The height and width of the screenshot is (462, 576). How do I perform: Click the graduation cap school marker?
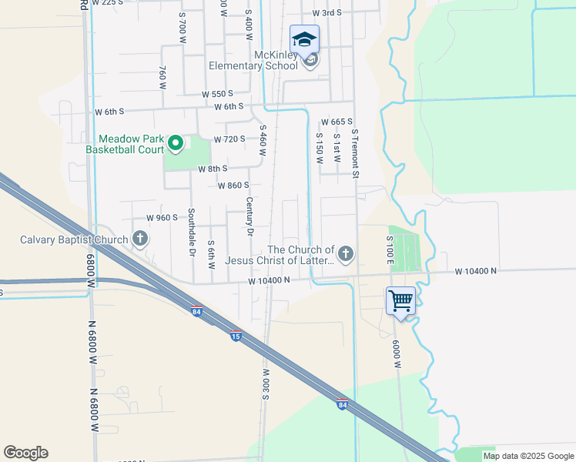point(304,39)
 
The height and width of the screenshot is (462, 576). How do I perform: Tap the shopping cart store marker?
point(400,300)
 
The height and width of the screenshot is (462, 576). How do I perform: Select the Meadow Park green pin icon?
point(176,142)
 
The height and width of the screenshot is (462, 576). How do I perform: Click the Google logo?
point(25,453)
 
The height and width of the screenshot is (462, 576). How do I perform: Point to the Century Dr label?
point(249,216)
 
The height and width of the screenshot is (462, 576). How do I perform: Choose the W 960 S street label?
point(162,218)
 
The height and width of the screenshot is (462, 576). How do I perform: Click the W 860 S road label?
point(233,186)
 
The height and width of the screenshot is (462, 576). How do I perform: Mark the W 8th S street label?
point(213,169)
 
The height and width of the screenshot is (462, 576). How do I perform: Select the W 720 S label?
point(229,139)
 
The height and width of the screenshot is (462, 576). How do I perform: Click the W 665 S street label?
point(337,122)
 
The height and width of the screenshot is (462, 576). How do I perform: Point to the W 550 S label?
point(217,93)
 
